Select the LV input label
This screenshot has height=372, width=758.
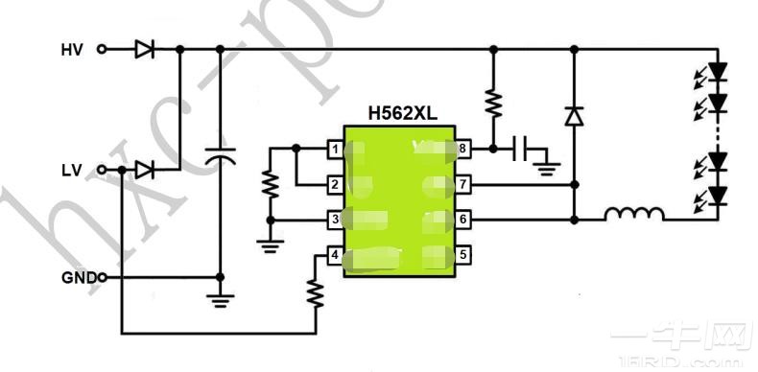click(71, 171)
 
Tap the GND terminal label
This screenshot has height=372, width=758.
click(77, 278)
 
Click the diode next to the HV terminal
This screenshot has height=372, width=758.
click(145, 49)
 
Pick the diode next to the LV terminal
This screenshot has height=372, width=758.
click(145, 171)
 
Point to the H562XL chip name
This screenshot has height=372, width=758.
click(402, 113)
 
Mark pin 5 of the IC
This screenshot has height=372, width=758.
click(462, 255)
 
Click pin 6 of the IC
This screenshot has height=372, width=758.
click(462, 220)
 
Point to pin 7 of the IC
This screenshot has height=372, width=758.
click(462, 184)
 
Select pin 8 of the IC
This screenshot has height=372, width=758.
click(462, 149)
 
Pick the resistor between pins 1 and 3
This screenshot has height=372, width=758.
click(271, 183)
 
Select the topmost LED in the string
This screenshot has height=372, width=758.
click(716, 72)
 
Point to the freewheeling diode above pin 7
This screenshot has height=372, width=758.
click(574, 116)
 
